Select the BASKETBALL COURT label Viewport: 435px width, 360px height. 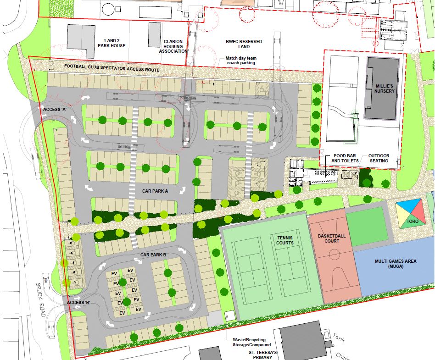pos(328,238)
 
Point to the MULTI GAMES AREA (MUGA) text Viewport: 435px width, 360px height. pos(395,264)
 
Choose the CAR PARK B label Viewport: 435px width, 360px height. pos(154,255)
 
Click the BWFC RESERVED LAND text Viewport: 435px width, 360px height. pos(244,44)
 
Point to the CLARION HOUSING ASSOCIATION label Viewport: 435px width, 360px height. pos(173,46)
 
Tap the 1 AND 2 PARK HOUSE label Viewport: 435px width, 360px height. pos(108,43)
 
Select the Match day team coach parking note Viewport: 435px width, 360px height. pos(240,61)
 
